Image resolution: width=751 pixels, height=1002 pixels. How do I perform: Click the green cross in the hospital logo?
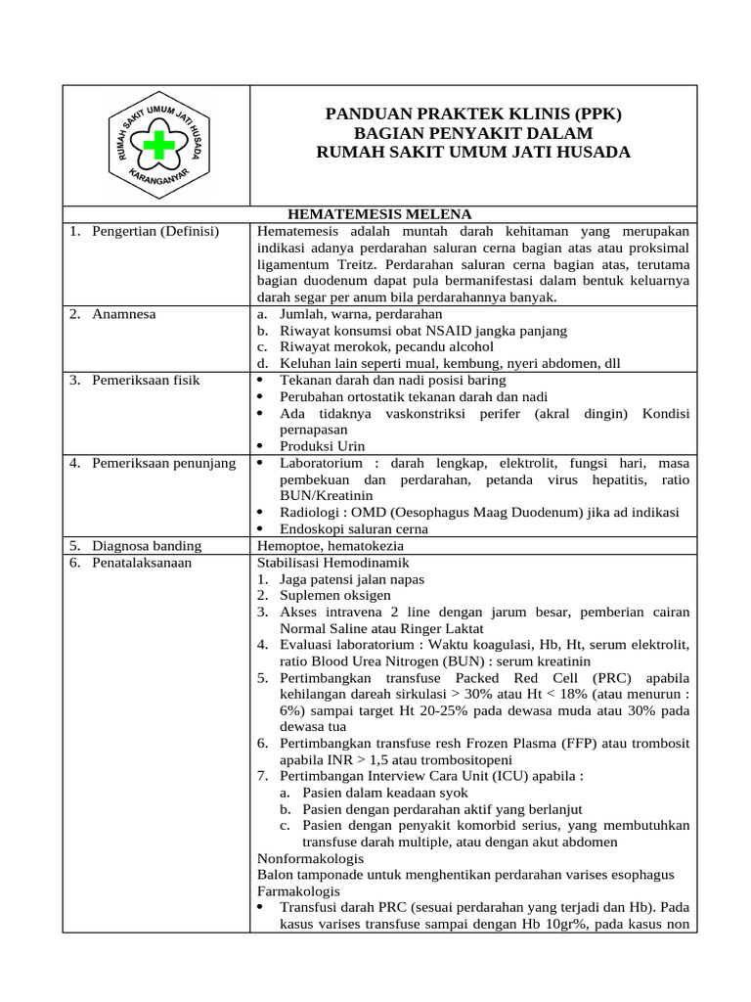(156, 147)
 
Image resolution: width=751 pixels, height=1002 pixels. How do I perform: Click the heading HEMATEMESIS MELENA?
(379, 214)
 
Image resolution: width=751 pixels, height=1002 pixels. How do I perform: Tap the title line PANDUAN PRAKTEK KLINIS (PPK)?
(473, 114)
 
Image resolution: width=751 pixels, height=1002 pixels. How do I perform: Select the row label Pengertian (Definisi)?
(155, 231)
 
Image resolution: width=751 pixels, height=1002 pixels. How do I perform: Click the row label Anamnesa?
(124, 314)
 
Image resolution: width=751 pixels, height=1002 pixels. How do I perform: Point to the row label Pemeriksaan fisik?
(147, 380)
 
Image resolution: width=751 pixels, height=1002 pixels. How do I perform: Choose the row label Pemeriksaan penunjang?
(163, 463)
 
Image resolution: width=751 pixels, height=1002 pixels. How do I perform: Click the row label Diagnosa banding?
(147, 546)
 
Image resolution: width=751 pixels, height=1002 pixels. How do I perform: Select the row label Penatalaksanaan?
(142, 563)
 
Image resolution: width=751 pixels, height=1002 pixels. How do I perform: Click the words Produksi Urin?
(322, 446)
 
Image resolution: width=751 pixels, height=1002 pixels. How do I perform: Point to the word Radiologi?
(310, 513)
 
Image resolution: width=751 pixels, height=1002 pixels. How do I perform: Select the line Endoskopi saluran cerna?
(353, 529)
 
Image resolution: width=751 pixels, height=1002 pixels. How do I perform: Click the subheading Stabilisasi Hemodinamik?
(332, 563)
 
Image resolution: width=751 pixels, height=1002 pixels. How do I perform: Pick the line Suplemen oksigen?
(334, 596)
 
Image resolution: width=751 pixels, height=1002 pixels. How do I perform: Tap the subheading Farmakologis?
(298, 891)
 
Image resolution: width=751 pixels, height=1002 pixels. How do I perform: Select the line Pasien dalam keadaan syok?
(384, 793)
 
